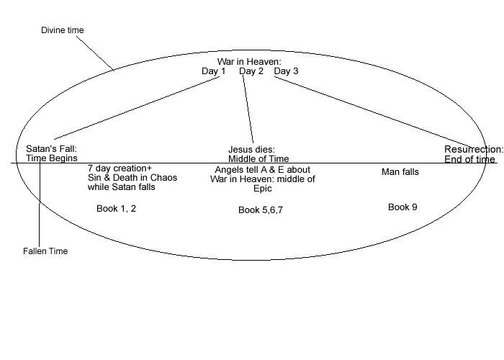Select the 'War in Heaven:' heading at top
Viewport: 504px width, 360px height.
249,62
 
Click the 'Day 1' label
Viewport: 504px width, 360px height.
214,71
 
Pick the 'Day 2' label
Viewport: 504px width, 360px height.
251,71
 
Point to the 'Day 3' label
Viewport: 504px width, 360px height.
286,71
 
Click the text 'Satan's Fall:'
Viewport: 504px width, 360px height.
51,149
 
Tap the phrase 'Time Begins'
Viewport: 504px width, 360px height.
51,158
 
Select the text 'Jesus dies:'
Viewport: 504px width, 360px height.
252,150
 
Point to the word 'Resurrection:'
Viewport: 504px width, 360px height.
473,150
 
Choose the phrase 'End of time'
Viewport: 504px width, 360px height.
469,159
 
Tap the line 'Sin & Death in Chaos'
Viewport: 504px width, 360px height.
127,178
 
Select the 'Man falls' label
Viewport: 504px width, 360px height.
400,172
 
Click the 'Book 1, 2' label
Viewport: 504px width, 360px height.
116,208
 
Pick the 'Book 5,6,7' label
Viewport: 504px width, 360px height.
261,210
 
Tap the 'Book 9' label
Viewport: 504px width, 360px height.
402,207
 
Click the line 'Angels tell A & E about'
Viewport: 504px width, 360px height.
262,170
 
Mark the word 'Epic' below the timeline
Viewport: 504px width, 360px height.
263,189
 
